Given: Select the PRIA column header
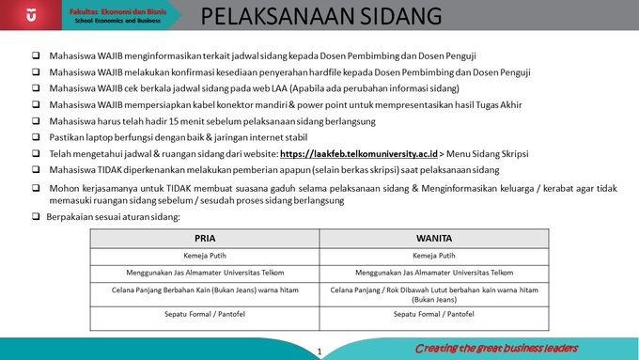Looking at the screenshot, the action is point(205,238).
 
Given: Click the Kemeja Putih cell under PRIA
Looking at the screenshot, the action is point(205,255).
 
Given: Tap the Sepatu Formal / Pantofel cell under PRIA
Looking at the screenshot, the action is point(205,314).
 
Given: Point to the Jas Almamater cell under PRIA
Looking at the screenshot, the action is point(205,273).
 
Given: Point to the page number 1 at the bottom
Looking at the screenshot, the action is point(320,352).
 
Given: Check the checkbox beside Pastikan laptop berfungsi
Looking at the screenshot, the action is point(35,137).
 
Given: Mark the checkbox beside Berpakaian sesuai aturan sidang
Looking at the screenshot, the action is point(35,217).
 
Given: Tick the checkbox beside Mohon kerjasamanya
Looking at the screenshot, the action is point(35,188).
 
